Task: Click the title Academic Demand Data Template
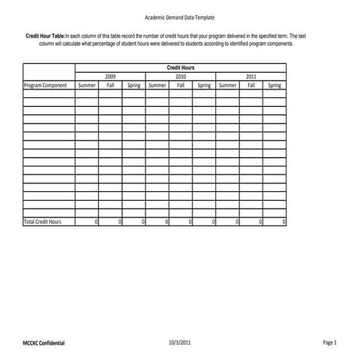(x=180, y=17)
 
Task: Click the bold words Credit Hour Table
(x=44, y=36)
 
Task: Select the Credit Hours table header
(x=180, y=68)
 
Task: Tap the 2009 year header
(x=110, y=76)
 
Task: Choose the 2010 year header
(x=180, y=76)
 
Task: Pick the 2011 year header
(x=251, y=76)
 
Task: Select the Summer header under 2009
(x=87, y=85)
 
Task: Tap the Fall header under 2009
(x=111, y=85)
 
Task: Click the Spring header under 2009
(x=134, y=85)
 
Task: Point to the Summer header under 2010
(x=157, y=85)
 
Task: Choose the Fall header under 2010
(x=180, y=85)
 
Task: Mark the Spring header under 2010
(x=204, y=85)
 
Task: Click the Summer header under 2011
(x=228, y=85)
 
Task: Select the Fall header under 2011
(x=251, y=85)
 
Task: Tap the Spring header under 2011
(x=274, y=85)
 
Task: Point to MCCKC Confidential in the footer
(x=44, y=342)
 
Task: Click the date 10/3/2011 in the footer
(x=179, y=341)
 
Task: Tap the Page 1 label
(x=329, y=341)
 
